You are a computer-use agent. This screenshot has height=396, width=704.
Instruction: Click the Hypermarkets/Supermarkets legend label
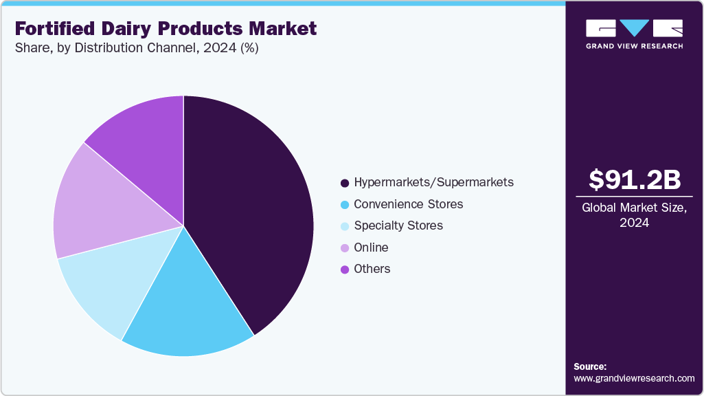pyautogui.click(x=433, y=183)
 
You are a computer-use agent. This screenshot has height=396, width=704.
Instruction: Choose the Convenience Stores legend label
pyautogui.click(x=408, y=204)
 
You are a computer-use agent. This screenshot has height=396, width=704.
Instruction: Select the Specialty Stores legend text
pyautogui.click(x=398, y=225)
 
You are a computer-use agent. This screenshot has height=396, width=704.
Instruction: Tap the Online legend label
pyautogui.click(x=371, y=247)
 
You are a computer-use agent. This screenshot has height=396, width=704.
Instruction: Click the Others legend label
pyautogui.click(x=372, y=269)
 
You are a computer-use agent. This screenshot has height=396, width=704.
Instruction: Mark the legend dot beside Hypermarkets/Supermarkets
pyautogui.click(x=345, y=184)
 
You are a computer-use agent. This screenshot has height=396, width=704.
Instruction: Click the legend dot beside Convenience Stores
pyautogui.click(x=345, y=205)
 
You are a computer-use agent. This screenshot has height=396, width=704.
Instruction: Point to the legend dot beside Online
pyautogui.click(x=345, y=247)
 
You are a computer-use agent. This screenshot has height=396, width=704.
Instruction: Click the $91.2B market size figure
pyautogui.click(x=635, y=180)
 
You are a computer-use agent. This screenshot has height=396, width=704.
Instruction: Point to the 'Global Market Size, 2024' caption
pyautogui.click(x=635, y=215)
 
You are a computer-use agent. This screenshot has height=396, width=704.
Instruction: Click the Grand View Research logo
pyautogui.click(x=634, y=34)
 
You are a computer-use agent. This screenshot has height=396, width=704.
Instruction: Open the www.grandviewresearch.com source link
pyautogui.click(x=634, y=378)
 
